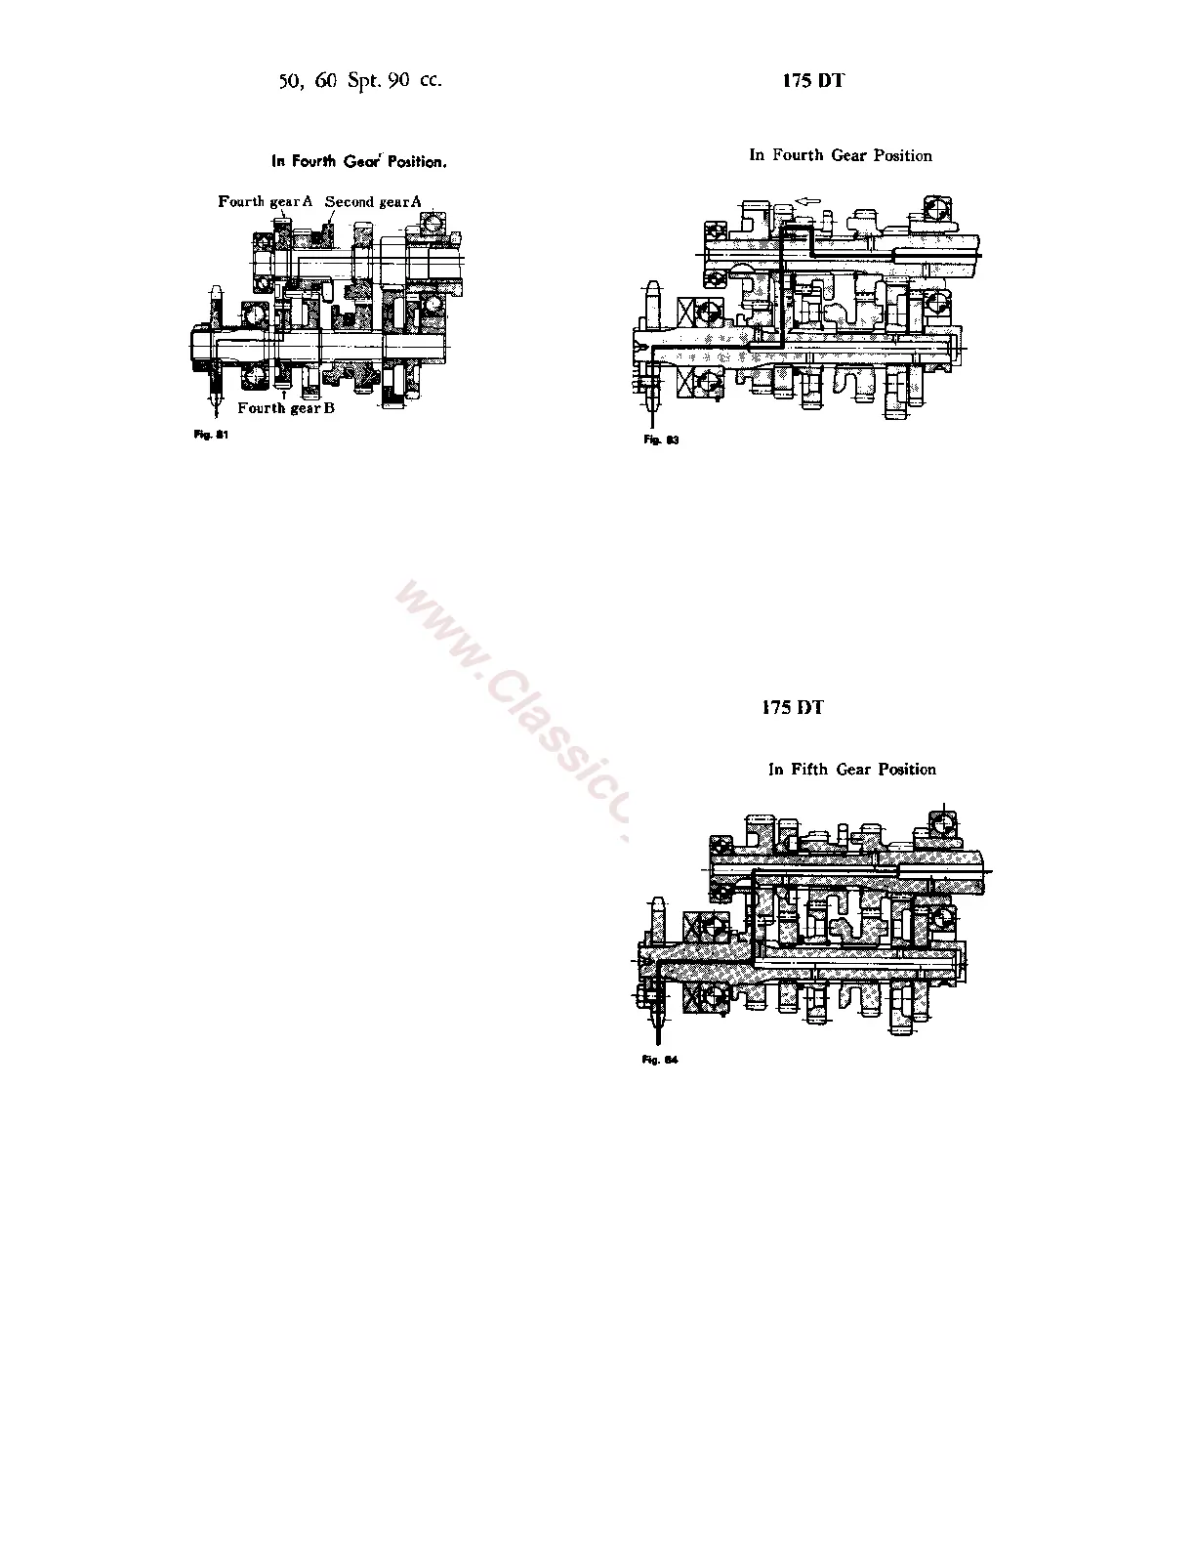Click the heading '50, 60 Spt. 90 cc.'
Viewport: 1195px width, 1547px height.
360,81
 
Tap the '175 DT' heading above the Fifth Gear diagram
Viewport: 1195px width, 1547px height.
792,708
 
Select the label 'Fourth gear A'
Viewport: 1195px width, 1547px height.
265,201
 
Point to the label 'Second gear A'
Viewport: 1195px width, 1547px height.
373,201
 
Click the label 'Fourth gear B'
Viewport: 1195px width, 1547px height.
286,408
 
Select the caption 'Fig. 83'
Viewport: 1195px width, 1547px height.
661,440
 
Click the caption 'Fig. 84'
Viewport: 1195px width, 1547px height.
660,1060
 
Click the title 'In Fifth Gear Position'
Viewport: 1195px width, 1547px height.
851,770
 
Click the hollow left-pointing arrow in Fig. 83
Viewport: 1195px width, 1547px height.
805,202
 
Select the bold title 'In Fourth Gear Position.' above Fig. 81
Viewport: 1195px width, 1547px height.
358,162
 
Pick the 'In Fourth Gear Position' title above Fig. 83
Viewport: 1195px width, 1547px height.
840,155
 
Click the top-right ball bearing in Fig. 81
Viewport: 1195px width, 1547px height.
431,227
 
